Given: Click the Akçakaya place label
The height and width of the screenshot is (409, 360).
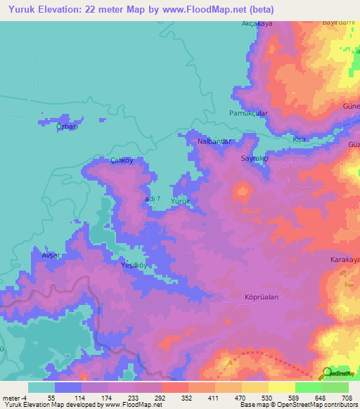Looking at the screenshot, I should pyautogui.click(x=257, y=23).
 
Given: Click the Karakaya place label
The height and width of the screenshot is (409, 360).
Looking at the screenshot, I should pyautogui.click(x=345, y=260).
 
